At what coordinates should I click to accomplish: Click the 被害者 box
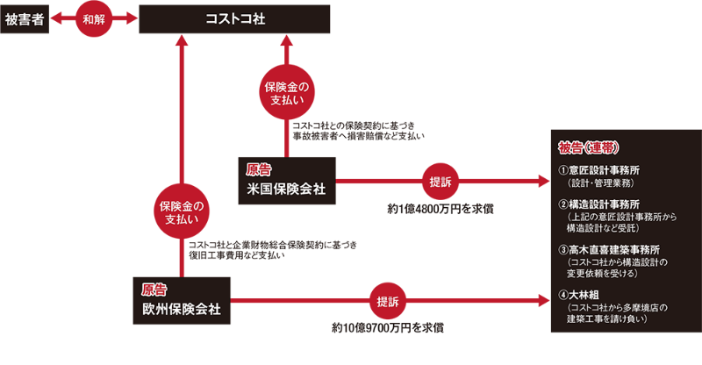tap(24, 18)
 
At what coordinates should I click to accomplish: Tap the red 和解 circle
tap(94, 18)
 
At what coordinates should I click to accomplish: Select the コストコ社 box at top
tap(234, 18)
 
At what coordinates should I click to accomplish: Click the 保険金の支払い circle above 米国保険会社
tap(287, 92)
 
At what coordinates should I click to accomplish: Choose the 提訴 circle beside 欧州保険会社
tap(386, 301)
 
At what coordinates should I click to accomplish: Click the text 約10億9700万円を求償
tap(387, 327)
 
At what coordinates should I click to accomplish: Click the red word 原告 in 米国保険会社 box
tap(259, 169)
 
